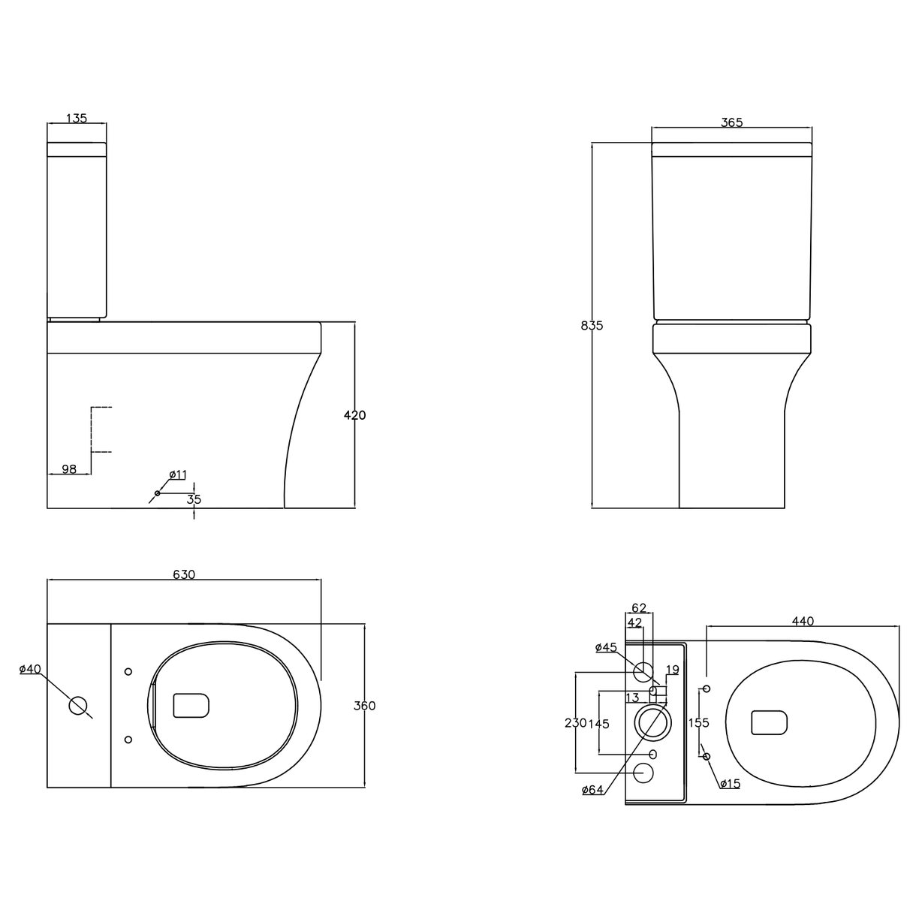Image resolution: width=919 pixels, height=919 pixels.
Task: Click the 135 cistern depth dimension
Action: click(77, 118)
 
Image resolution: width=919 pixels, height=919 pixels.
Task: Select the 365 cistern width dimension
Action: click(731, 123)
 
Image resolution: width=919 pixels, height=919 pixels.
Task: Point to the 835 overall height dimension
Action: click(592, 325)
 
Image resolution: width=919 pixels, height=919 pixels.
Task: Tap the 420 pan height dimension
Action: click(354, 414)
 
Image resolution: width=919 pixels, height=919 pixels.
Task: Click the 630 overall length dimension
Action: click(184, 574)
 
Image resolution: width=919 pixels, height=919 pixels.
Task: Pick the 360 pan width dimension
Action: click(364, 706)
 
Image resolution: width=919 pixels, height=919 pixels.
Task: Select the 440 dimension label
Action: click(803, 621)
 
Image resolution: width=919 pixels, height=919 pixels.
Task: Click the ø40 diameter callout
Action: click(30, 669)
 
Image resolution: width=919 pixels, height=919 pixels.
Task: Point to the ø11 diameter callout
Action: click(178, 475)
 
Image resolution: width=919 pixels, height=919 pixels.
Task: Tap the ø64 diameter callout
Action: click(593, 789)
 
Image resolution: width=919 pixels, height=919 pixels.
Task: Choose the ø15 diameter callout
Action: click(729, 784)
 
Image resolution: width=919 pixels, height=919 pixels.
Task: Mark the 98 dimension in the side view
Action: click(69, 469)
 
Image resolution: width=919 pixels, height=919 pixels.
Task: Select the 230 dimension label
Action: click(575, 723)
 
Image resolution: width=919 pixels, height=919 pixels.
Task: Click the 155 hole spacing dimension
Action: click(698, 723)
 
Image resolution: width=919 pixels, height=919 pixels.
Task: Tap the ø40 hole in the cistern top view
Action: click(78, 705)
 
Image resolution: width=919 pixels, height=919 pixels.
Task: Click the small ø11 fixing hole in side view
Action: click(157, 493)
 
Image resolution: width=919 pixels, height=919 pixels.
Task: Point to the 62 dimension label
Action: click(638, 607)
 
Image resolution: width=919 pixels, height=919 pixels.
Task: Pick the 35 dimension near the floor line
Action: click(194, 499)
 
